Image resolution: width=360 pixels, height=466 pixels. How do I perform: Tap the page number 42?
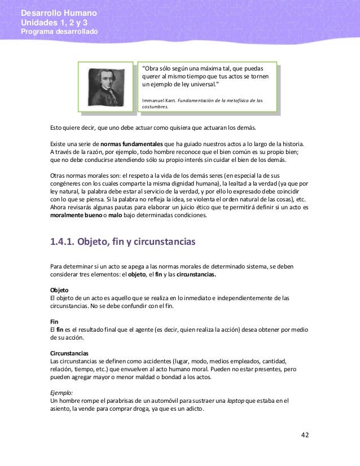point(305,435)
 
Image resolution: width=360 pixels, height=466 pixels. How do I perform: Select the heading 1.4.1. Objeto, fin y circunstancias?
point(122,243)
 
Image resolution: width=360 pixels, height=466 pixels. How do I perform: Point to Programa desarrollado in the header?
point(59,32)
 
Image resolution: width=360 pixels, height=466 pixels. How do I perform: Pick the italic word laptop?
point(235,401)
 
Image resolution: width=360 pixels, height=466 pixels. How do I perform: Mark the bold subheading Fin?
point(55,321)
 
